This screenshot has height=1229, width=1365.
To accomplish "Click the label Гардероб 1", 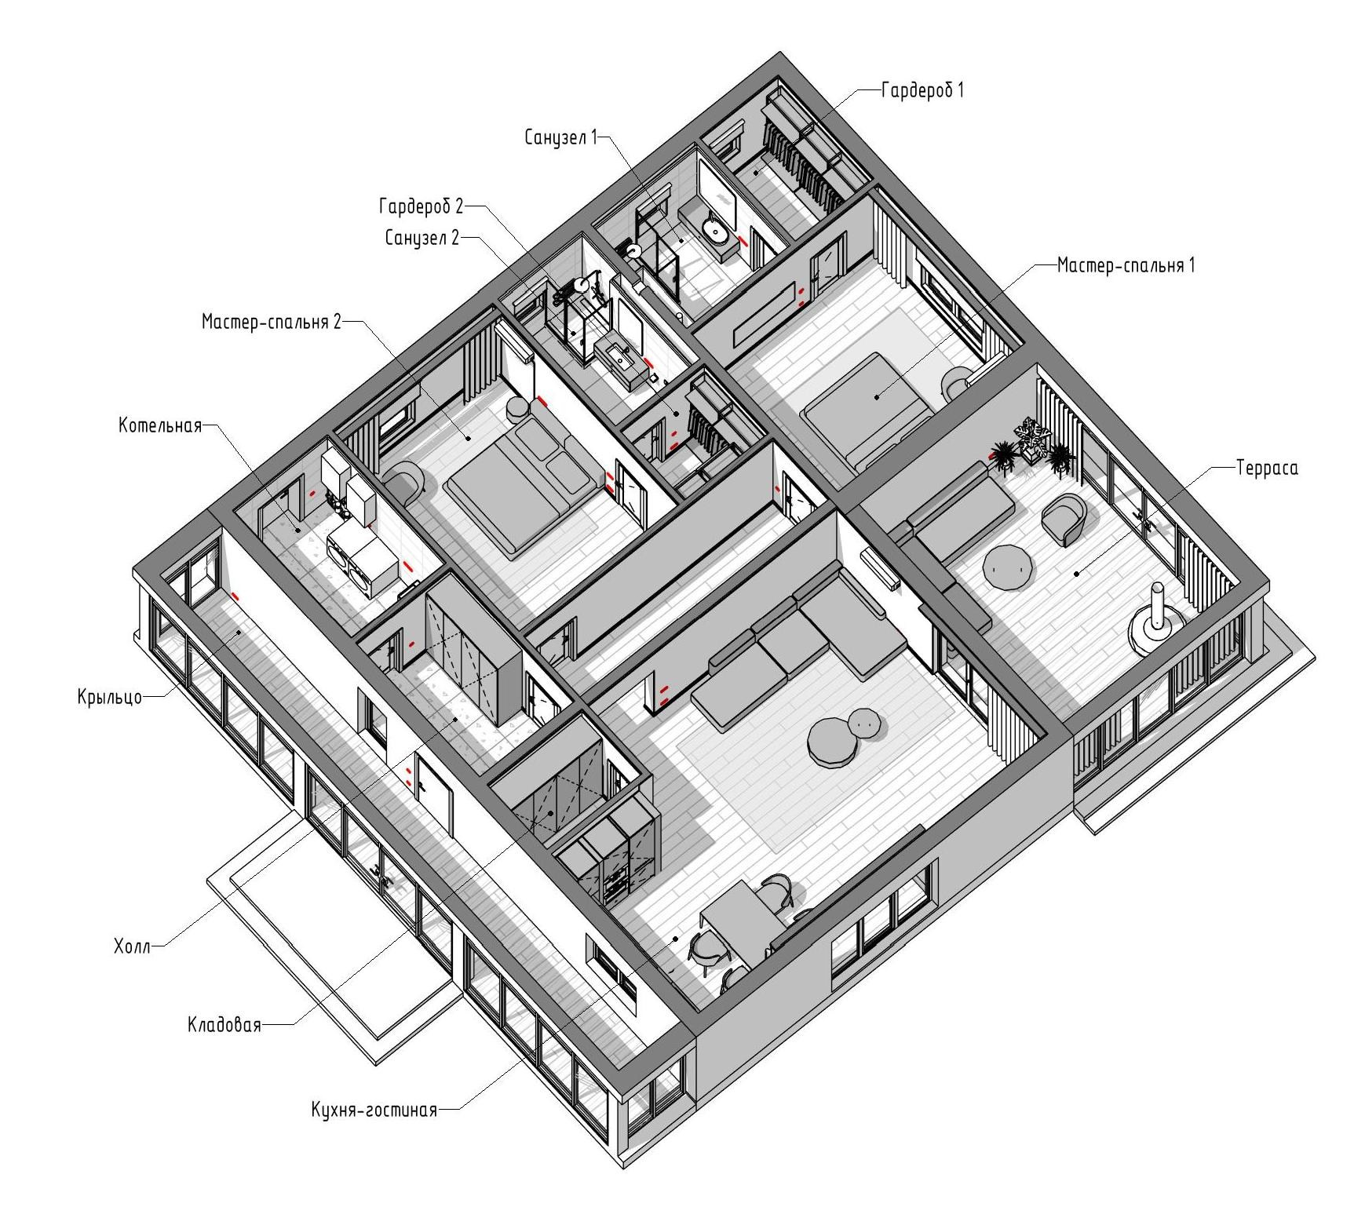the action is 922,90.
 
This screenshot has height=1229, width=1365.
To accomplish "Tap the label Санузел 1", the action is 561,137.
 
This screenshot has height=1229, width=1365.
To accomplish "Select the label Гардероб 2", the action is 421,206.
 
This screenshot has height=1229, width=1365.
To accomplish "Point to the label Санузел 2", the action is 422,238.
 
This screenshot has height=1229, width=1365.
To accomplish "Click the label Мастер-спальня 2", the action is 272,322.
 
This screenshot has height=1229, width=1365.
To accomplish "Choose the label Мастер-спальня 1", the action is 1126,264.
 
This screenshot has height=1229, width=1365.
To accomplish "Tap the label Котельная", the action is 160,425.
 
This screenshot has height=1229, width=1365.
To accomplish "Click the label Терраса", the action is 1267,469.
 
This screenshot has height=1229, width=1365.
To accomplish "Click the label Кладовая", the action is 224,1025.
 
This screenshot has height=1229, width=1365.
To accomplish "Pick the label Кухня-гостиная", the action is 374,1110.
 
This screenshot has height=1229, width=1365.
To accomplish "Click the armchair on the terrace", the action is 1065,519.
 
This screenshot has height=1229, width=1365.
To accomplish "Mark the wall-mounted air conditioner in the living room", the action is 881,569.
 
